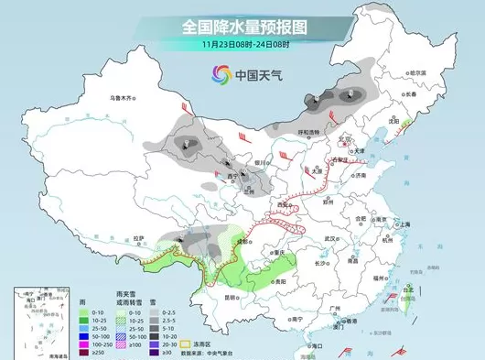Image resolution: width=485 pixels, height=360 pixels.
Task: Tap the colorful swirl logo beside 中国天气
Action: [221, 73]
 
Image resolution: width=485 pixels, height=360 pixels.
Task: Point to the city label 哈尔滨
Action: [418, 72]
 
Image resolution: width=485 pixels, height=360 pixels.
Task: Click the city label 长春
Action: [408, 94]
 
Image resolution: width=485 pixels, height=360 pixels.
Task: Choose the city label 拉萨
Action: [138, 238]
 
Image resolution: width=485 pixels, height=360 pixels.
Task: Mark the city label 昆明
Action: [236, 298]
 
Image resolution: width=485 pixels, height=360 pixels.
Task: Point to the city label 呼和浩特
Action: [298, 133]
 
